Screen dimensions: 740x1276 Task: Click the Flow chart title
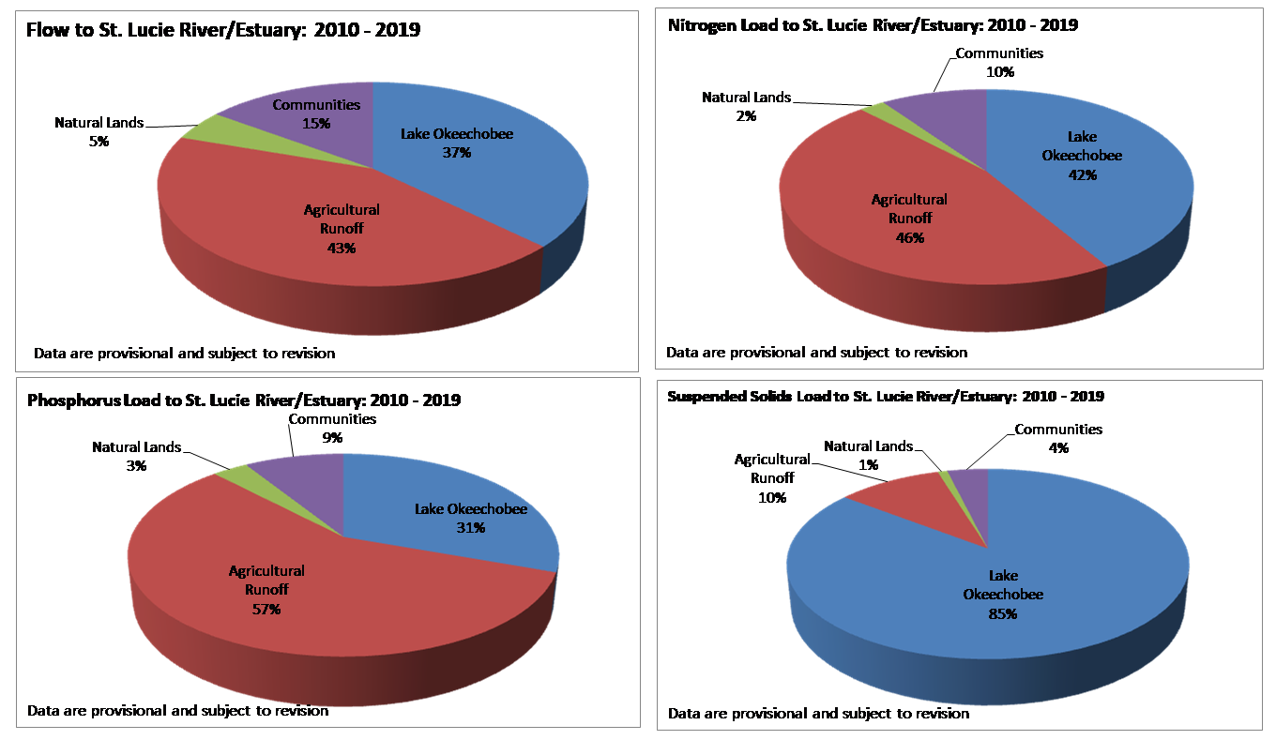[x=223, y=30]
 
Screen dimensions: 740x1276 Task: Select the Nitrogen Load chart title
[x=873, y=25]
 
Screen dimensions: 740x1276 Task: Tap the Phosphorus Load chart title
[x=244, y=400]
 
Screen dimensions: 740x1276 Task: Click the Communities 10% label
[x=999, y=62]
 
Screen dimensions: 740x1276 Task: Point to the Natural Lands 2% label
[x=747, y=106]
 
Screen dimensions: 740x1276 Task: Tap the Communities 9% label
[x=332, y=428]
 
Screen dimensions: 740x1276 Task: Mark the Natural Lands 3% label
[x=137, y=456]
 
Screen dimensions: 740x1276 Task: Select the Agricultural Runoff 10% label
[x=772, y=477]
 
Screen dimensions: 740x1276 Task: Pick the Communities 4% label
[x=1058, y=438]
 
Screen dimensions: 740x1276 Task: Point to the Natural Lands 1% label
[x=868, y=455]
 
